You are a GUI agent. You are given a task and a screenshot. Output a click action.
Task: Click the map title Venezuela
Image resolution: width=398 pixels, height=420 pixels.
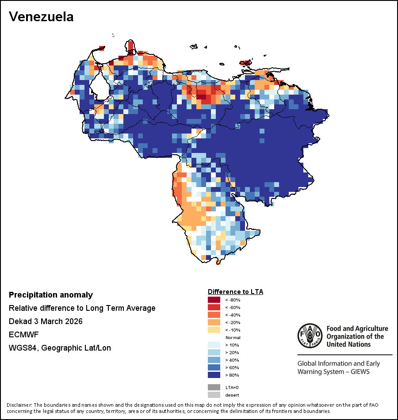click(41, 17)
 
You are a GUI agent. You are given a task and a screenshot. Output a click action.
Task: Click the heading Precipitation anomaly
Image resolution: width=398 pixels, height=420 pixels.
click(51, 295)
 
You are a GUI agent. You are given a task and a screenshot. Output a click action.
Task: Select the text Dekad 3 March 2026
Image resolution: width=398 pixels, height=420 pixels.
click(46, 321)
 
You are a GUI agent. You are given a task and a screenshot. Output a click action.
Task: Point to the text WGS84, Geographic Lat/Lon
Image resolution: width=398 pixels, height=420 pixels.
click(60, 348)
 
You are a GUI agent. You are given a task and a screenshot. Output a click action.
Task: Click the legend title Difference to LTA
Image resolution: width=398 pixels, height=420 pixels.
click(235, 292)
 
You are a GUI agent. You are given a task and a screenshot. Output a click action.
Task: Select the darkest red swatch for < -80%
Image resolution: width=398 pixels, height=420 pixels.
click(214, 300)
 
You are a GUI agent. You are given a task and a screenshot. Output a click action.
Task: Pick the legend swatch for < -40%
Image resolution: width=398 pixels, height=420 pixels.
click(214, 315)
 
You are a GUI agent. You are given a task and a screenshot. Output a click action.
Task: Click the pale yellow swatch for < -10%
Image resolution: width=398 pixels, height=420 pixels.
click(214, 330)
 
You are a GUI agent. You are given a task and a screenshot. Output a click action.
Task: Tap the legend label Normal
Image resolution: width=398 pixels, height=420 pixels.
click(233, 337)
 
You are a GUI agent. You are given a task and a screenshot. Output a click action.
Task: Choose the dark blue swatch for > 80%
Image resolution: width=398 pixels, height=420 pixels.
click(214, 375)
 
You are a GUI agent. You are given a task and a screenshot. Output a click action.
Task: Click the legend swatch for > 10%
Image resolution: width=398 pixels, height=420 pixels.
click(214, 345)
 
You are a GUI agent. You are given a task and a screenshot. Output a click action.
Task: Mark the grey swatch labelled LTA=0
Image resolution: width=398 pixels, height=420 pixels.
click(214, 387)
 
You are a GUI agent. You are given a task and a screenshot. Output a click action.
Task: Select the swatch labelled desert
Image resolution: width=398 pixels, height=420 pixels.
click(214, 395)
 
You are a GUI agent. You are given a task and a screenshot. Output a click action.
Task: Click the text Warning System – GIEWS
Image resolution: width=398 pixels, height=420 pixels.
click(333, 372)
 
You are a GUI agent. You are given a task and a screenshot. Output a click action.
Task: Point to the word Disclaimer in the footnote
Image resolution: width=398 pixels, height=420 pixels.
click(19, 405)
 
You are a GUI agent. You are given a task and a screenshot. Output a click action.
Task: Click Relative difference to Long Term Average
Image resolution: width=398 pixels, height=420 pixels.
click(82, 308)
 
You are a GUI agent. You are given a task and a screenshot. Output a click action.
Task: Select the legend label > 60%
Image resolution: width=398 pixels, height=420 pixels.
click(232, 367)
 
